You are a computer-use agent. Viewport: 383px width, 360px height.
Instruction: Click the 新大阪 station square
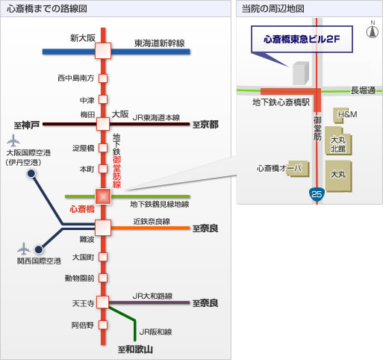(x=103, y=51)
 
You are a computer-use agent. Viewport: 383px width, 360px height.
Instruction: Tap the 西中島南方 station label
(x=75, y=78)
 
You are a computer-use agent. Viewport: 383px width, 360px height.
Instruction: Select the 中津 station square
(x=103, y=99)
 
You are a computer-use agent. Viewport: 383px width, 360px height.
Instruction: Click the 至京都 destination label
(x=205, y=125)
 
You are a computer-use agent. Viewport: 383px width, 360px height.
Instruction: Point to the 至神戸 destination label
(x=27, y=125)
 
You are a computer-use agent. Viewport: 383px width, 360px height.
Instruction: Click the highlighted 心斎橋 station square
(x=103, y=196)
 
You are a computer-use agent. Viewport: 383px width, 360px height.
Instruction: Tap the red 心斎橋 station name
(x=82, y=209)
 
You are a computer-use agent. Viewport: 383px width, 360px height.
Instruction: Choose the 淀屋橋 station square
(x=103, y=148)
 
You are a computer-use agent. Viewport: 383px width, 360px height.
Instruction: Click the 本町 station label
(x=87, y=170)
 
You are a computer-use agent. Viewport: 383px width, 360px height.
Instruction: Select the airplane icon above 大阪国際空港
(x=13, y=140)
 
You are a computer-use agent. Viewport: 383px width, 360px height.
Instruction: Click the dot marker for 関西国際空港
(x=39, y=249)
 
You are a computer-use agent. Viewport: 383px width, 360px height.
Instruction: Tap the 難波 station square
(x=103, y=228)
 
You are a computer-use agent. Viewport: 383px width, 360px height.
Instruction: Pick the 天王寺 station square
(x=103, y=302)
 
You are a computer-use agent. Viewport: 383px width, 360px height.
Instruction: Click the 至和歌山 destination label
(x=135, y=350)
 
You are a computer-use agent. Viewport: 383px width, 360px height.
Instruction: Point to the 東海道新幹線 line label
(x=160, y=43)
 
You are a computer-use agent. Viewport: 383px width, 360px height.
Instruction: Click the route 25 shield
(x=317, y=193)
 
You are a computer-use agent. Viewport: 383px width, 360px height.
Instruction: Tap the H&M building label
(x=347, y=114)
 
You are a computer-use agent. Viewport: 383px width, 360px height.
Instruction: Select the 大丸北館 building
(x=338, y=141)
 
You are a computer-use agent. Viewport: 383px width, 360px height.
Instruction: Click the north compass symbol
(x=373, y=30)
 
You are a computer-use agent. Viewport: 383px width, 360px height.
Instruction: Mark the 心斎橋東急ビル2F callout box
(x=302, y=39)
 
